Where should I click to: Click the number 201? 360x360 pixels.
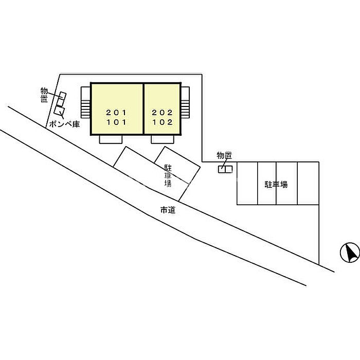pyautogui.click(x=116, y=113)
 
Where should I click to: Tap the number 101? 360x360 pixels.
pyautogui.click(x=116, y=122)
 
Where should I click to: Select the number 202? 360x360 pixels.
pyautogui.click(x=162, y=113)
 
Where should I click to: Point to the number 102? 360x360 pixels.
pyautogui.click(x=163, y=122)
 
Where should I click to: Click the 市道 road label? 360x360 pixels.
pyautogui.click(x=168, y=210)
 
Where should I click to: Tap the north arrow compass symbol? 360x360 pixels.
pyautogui.click(x=350, y=253)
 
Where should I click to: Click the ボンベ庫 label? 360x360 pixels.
pyautogui.click(x=64, y=124)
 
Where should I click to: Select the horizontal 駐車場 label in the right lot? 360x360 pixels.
pyautogui.click(x=276, y=184)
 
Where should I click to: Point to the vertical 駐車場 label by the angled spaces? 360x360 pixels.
pyautogui.click(x=168, y=175)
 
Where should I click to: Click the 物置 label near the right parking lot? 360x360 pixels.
pyautogui.click(x=224, y=156)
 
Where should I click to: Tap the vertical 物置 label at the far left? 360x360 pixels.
pyautogui.click(x=44, y=95)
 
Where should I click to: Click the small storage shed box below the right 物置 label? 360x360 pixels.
pyautogui.click(x=225, y=169)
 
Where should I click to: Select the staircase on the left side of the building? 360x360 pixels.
pyautogui.click(x=86, y=102)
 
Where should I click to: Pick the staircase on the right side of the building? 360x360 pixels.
pyautogui.click(x=185, y=102)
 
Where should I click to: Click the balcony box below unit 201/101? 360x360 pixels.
pyautogui.click(x=111, y=139)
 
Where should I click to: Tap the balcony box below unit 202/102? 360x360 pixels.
pyautogui.click(x=163, y=139)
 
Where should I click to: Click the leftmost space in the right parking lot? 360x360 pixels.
pyautogui.click(x=247, y=183)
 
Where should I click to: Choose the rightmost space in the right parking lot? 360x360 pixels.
pyautogui.click(x=308, y=183)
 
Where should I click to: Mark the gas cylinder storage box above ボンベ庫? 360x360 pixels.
pyautogui.click(x=60, y=110)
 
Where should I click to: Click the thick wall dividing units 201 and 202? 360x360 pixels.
pyautogui.click(x=143, y=109)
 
